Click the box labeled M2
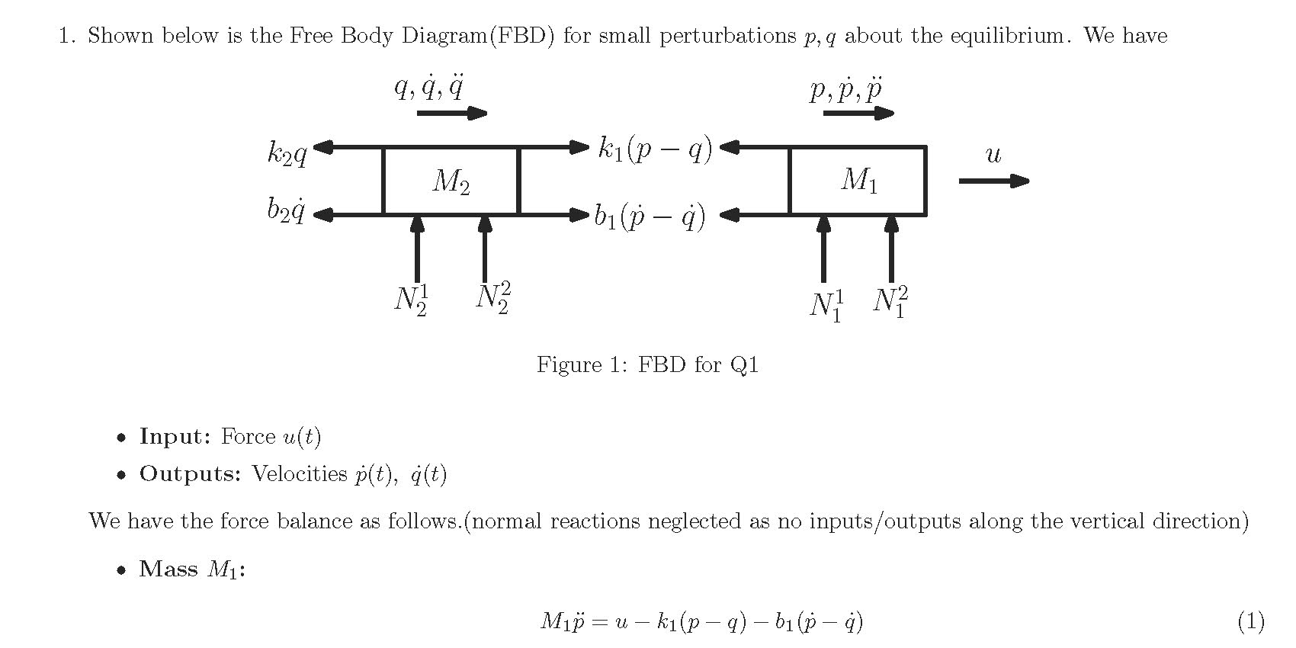(451, 181)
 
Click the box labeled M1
(858, 181)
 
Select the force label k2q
(287, 153)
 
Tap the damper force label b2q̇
(286, 210)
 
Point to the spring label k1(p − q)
(655, 149)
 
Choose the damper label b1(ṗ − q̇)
(650, 217)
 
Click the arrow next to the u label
(993, 181)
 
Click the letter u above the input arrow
(993, 155)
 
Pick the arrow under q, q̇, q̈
(451, 114)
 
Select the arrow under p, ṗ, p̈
(858, 114)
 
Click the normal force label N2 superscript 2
(493, 297)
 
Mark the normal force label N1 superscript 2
(890, 302)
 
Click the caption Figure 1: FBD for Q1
(647, 364)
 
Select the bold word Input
(175, 437)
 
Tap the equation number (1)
(1251, 621)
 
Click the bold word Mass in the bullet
(168, 569)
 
